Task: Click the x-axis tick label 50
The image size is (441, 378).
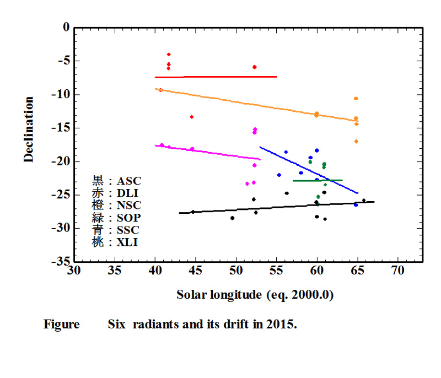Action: click(236, 271)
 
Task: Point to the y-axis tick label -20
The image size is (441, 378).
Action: click(62, 162)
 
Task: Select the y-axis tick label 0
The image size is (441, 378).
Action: click(66, 27)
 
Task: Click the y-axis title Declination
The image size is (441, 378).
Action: click(29, 129)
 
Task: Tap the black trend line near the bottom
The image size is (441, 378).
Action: click(276, 207)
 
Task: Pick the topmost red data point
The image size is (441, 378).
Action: click(169, 54)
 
